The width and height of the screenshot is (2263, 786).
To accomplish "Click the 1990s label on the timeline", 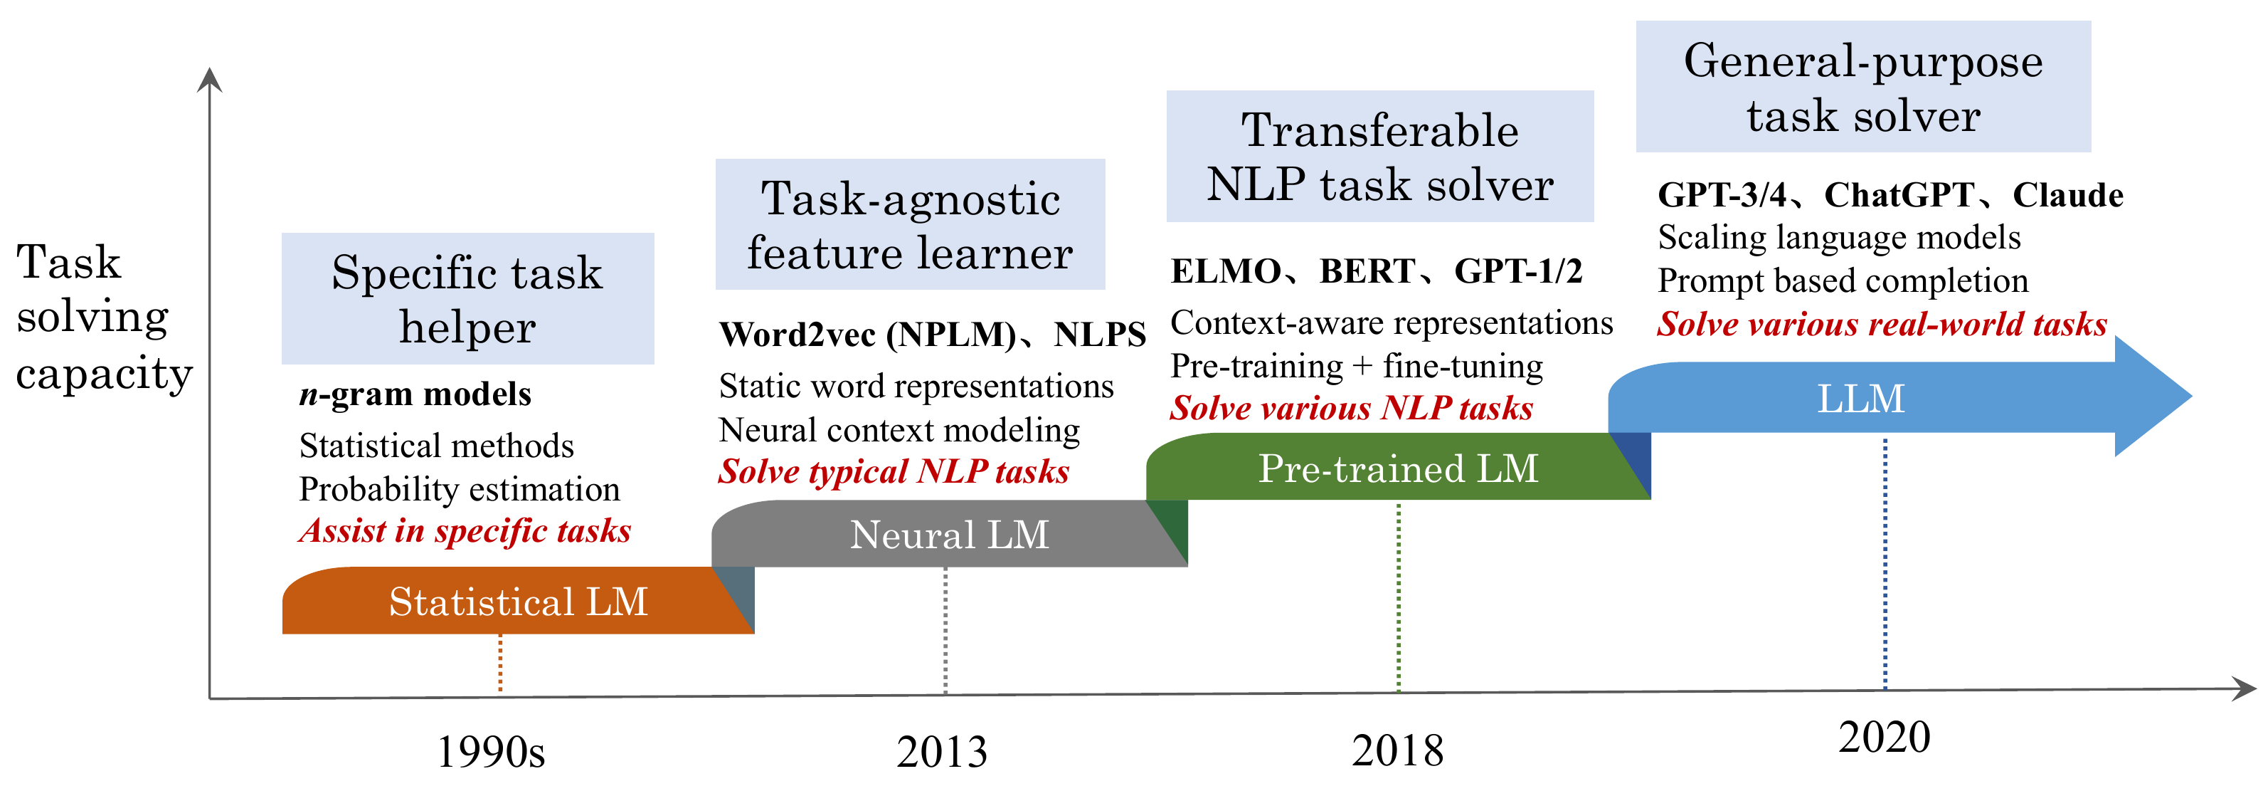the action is (491, 752).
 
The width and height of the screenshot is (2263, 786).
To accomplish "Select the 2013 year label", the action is (942, 752).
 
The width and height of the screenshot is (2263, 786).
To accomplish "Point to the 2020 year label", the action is (1885, 737).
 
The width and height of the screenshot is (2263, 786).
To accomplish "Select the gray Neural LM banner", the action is (950, 535).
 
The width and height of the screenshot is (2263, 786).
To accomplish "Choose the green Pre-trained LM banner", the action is (1399, 467).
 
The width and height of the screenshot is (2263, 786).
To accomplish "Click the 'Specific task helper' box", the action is (467, 299).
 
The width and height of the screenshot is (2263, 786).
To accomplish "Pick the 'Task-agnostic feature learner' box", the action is (910, 224).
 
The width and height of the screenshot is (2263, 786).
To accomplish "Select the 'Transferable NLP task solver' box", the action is (1380, 157).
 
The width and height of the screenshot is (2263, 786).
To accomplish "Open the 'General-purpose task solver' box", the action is (1863, 86).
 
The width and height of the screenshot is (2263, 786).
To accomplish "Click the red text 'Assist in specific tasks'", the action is (465, 531).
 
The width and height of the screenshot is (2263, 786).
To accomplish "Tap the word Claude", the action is (2068, 195).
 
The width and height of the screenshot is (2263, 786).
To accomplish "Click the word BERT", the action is (1367, 271).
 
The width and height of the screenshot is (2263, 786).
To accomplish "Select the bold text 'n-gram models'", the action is (415, 394).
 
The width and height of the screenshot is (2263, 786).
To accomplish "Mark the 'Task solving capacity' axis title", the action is (104, 318).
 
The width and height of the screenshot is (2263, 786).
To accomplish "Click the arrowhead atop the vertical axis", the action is (209, 79).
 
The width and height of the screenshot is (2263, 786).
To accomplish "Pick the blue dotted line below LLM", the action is (1885, 564).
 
